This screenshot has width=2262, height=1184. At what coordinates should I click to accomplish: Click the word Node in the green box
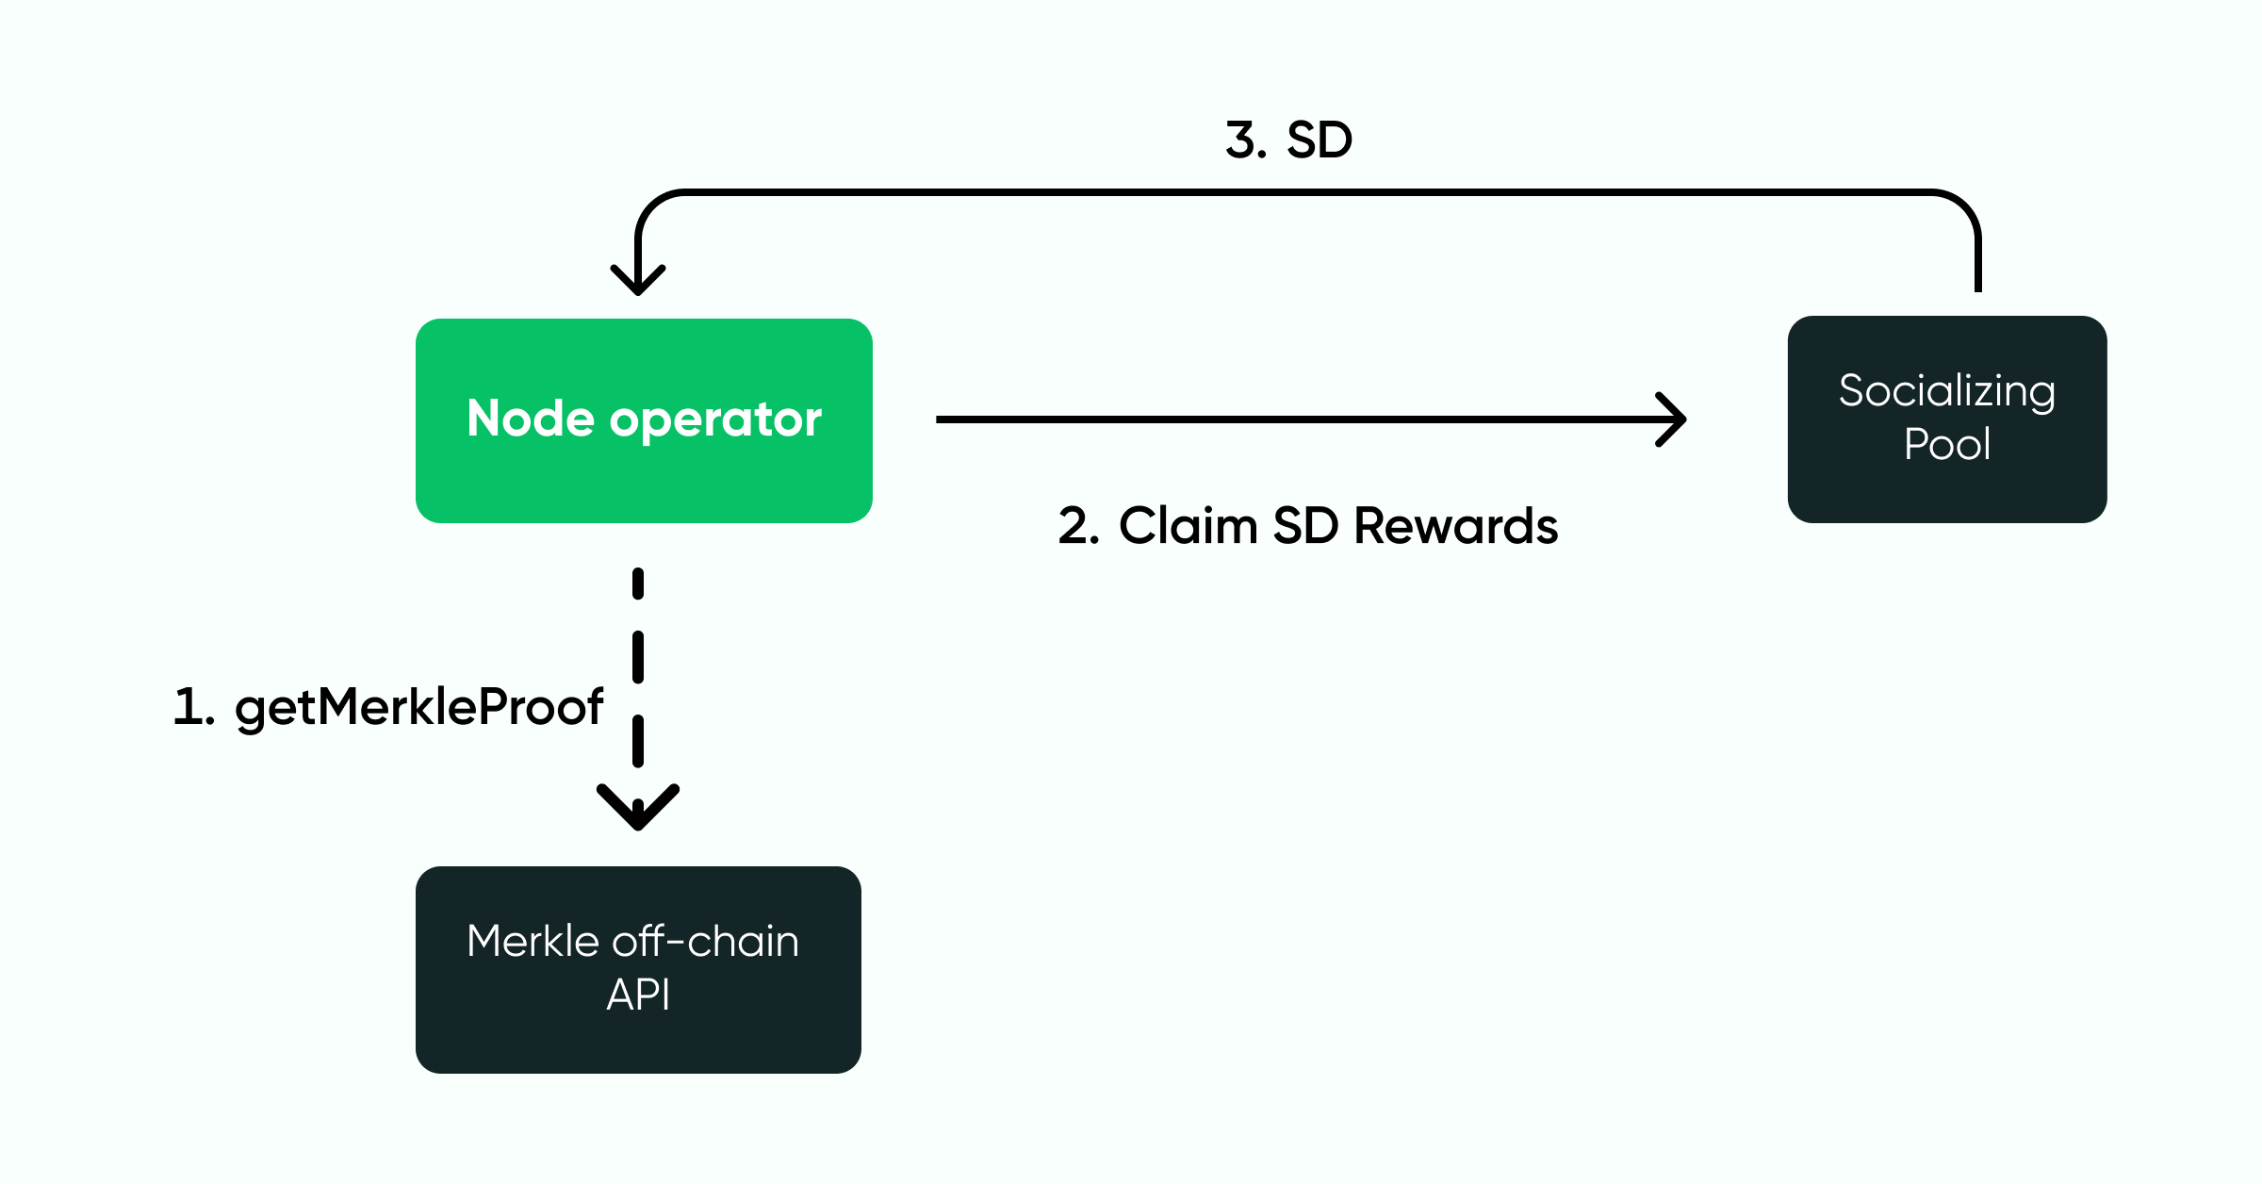531,419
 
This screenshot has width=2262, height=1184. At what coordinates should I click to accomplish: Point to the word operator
715,420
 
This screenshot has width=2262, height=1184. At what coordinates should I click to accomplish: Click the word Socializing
1946,391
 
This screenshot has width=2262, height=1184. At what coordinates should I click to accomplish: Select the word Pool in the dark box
1946,444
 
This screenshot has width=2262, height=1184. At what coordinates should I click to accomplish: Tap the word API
638,995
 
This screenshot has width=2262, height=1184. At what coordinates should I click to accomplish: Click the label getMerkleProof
418,707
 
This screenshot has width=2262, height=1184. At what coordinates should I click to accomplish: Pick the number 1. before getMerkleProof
193,707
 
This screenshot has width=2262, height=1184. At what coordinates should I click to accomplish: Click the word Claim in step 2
1188,526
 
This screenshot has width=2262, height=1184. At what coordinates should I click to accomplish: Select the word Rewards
1455,526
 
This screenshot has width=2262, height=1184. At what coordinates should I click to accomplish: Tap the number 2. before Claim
1078,526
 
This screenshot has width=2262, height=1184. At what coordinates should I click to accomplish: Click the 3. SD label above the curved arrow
1288,140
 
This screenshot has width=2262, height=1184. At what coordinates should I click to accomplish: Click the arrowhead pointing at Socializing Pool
1674,419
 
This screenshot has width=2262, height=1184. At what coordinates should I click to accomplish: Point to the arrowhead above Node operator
638,280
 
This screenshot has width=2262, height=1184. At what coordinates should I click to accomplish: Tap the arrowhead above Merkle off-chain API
638,808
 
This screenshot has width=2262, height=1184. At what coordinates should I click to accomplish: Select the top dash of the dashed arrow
638,584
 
